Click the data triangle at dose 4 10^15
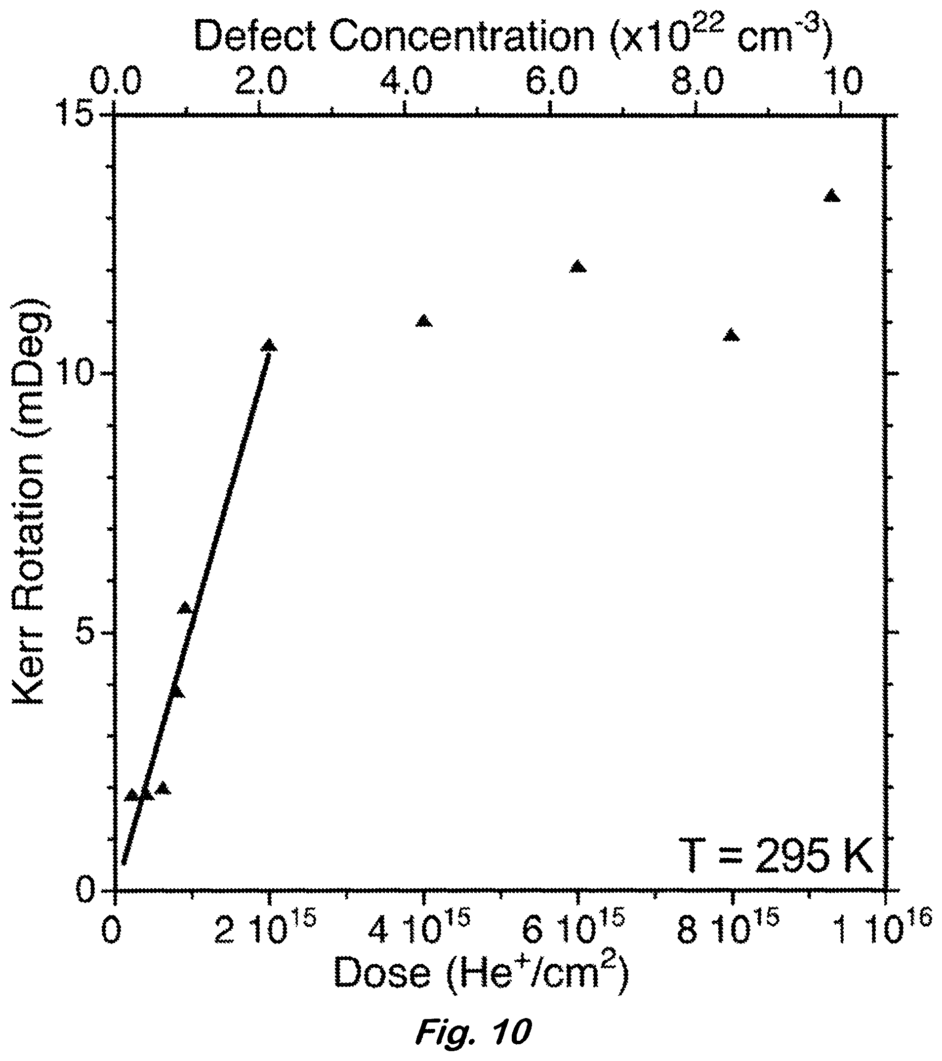pos(424,321)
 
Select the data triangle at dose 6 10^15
pos(577,266)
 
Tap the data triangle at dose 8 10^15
pos(731,335)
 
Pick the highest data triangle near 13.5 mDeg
pos(832,196)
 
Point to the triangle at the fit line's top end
pos(270,345)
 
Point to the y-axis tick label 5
pos(91,633)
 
